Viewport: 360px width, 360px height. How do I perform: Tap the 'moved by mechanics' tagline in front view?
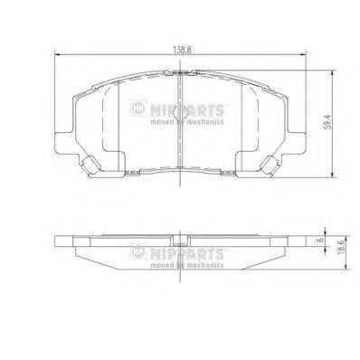[185, 118]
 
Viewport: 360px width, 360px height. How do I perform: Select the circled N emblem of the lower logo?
[138, 251]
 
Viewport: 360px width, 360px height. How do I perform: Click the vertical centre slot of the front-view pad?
[181, 127]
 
